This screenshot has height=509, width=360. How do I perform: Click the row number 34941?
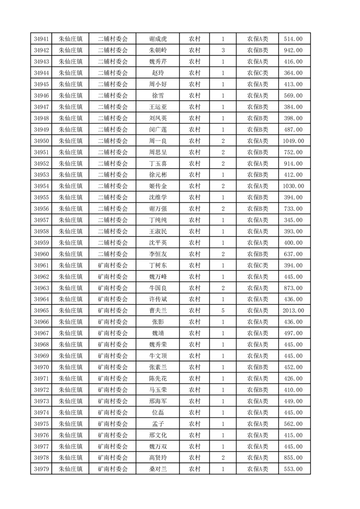click(x=41, y=39)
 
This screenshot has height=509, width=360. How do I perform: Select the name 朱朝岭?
click(x=158, y=50)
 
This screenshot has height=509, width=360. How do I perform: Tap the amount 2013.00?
click(x=293, y=311)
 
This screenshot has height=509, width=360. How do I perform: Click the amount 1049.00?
click(x=293, y=141)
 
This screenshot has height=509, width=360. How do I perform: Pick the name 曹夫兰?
click(x=158, y=311)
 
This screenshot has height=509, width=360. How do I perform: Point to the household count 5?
click(x=223, y=311)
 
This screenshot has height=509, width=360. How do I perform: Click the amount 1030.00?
click(x=293, y=186)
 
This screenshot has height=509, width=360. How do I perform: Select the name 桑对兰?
click(x=158, y=469)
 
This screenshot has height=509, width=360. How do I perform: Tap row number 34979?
click(x=41, y=469)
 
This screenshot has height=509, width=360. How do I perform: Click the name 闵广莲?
click(x=158, y=130)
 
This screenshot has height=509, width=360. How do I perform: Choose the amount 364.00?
click(x=293, y=73)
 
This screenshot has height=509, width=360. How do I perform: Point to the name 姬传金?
click(x=158, y=186)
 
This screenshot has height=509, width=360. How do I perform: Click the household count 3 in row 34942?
click(x=223, y=50)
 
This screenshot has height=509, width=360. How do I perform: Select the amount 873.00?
click(x=293, y=288)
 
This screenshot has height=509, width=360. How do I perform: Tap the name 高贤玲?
click(x=158, y=458)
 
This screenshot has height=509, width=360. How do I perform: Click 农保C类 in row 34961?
click(x=257, y=265)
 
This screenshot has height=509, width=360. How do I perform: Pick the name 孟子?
click(x=158, y=424)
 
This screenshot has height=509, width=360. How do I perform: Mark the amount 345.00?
click(x=293, y=220)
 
